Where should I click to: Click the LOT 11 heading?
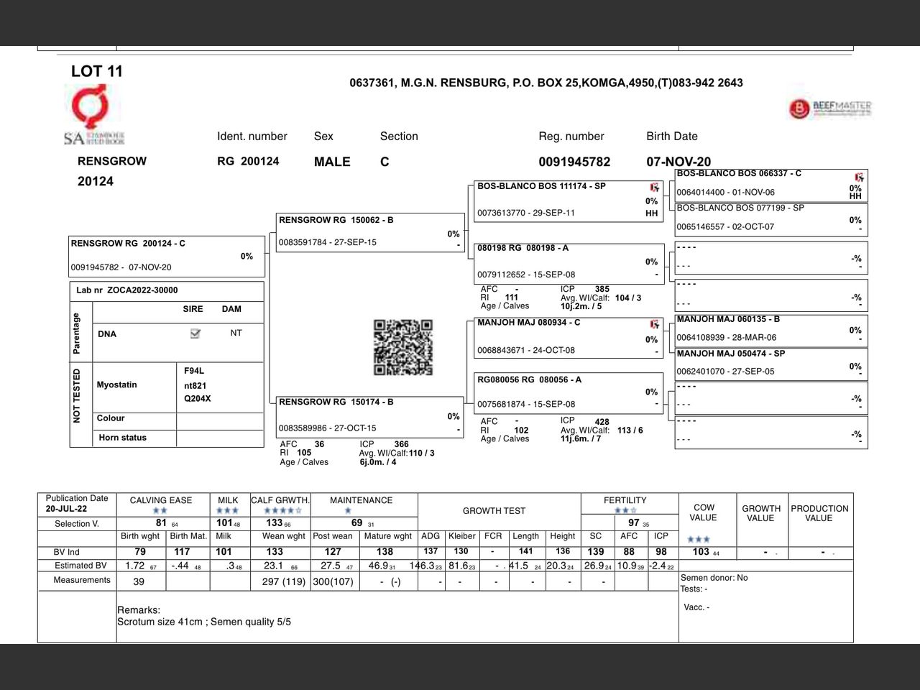tap(97, 71)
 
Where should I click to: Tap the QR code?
tap(403, 348)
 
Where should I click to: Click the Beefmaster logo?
tap(830, 109)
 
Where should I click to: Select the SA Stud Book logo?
tap(93, 115)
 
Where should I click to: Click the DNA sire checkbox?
tap(195, 333)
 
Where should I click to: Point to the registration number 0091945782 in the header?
tap(574, 162)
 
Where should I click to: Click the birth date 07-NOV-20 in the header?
tap(678, 162)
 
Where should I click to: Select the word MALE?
tap(332, 162)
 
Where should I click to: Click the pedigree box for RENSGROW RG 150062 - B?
tap(370, 232)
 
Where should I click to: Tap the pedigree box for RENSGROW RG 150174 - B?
tap(370, 416)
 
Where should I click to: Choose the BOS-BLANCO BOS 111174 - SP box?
tap(568, 200)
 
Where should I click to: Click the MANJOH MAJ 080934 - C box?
tap(568, 337)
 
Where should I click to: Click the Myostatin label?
tap(117, 385)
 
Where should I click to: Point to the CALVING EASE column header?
tap(161, 500)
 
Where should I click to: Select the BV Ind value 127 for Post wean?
tap(333, 552)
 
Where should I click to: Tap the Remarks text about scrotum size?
tap(204, 622)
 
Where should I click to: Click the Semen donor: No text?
tap(714, 578)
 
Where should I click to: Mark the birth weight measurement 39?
tap(139, 581)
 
